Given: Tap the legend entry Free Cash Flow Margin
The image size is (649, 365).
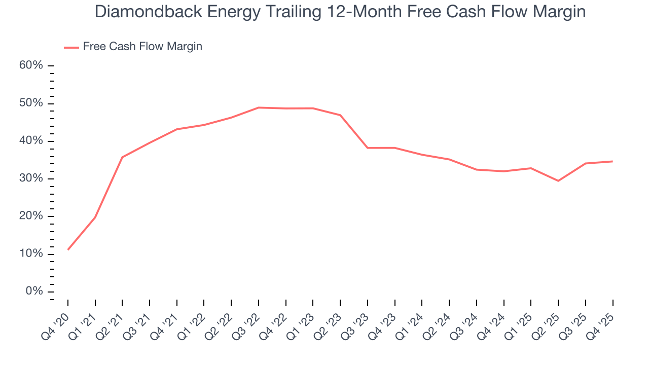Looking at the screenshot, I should pyautogui.click(x=142, y=47).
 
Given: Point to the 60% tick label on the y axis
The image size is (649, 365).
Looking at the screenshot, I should pyautogui.click(x=31, y=66).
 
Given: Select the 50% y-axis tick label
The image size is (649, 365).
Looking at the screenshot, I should pyautogui.click(x=31, y=103).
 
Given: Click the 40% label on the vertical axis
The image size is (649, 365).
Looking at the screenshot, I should pyautogui.click(x=31, y=141).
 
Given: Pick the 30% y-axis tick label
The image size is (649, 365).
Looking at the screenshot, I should pyautogui.click(x=31, y=179).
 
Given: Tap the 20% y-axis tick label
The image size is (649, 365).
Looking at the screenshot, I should pyautogui.click(x=31, y=216).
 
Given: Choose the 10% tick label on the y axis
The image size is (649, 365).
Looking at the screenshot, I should pyautogui.click(x=31, y=254).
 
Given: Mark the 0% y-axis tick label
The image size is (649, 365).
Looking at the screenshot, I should pyautogui.click(x=34, y=291).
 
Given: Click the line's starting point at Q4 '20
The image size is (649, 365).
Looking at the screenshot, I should pyautogui.click(x=68, y=249).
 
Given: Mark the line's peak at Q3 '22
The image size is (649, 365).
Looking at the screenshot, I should pyautogui.click(x=259, y=107).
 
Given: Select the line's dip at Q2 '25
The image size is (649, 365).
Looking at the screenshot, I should pyautogui.click(x=558, y=180).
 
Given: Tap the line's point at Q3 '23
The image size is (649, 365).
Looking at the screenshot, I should pyautogui.click(x=368, y=148).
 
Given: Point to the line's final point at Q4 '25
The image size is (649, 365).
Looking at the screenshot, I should pyautogui.click(x=612, y=161).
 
